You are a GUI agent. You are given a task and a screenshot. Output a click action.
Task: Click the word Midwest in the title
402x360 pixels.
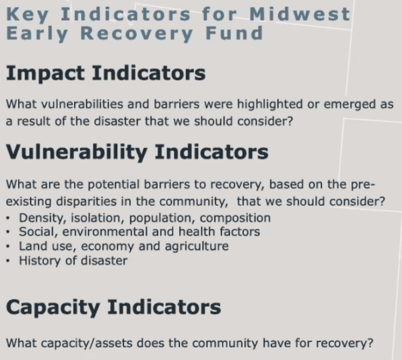point(300,14)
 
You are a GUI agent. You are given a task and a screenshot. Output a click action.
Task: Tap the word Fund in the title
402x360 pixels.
point(234,33)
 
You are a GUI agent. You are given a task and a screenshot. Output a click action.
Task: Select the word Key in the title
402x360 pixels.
point(27,15)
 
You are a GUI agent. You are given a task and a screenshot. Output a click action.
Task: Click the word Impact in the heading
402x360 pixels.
point(45,74)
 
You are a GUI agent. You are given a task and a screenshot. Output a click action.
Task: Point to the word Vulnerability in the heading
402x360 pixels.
point(77,153)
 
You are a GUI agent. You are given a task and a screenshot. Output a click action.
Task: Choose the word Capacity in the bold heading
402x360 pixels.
point(53,308)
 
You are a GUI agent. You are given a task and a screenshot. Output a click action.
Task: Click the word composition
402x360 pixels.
point(235,219)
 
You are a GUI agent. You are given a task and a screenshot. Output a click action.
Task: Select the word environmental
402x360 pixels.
point(105,232)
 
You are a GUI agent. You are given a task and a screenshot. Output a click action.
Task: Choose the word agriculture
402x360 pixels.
point(197,247)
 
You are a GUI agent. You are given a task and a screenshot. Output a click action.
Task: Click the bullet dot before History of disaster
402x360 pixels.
point(8,261)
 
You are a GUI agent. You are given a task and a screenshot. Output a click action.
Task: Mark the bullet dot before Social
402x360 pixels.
point(8,232)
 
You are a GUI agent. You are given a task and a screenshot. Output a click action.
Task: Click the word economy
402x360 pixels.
point(107,247)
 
